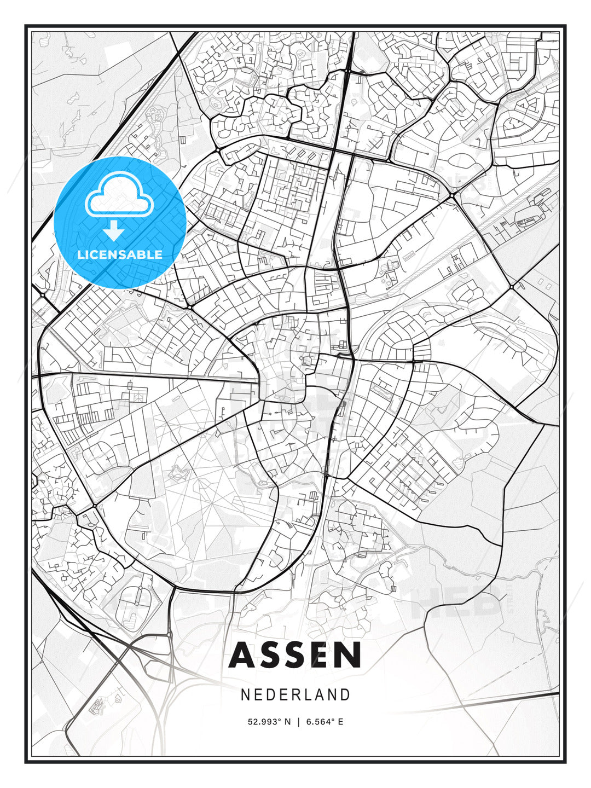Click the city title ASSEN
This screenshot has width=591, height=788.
(x=296, y=655)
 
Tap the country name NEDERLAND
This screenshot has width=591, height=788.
(x=296, y=695)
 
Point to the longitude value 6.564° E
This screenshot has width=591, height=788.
(x=325, y=722)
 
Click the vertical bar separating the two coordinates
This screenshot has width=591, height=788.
(x=298, y=722)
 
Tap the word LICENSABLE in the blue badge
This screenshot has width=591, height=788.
(x=120, y=254)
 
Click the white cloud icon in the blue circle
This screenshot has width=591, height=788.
(x=118, y=195)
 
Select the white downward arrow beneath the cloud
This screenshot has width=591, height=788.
(x=114, y=230)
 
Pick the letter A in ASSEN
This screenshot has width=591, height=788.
(x=244, y=655)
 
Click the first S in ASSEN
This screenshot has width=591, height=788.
(x=271, y=655)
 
